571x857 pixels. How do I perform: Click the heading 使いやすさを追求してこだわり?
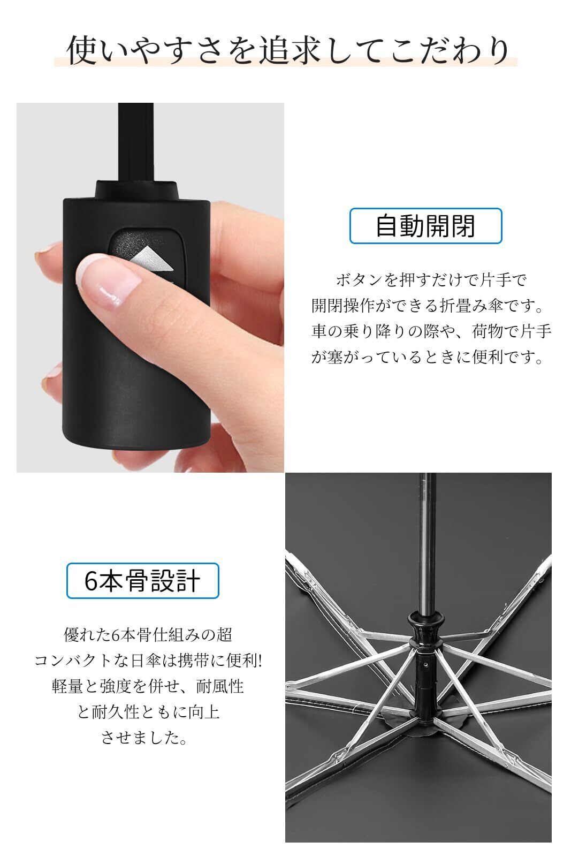point(287,50)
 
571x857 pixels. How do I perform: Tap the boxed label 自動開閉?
point(425,226)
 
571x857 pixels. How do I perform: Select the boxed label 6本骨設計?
point(143,580)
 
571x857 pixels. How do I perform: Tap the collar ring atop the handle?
point(138,190)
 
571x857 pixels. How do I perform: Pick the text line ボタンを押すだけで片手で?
point(431,280)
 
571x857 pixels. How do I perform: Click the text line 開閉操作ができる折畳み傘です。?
point(428,306)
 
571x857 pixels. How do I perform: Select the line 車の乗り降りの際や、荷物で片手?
point(431,331)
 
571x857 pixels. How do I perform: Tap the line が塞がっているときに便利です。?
point(428,357)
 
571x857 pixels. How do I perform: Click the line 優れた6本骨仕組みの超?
point(148,635)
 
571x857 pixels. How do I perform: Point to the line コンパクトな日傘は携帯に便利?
point(148,661)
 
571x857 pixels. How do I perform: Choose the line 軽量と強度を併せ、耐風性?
point(148,686)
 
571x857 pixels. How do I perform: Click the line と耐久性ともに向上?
point(148,712)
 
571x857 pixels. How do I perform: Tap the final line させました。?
point(144,737)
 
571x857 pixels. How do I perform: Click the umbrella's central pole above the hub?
point(428,543)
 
